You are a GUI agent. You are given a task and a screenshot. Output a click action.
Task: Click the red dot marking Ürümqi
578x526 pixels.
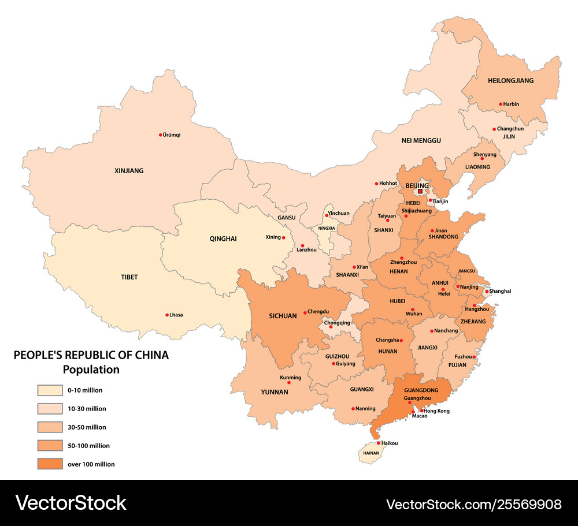tap(161, 135)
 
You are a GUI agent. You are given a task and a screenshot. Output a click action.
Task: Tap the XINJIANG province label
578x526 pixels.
tap(129, 171)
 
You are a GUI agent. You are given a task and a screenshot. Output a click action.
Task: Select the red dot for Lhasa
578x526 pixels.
tap(166, 315)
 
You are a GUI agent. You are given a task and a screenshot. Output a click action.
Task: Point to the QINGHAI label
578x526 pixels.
tap(223, 238)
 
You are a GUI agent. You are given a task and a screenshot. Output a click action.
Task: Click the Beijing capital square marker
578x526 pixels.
tap(420, 191)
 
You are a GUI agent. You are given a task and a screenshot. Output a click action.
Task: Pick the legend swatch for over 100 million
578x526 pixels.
tap(50, 464)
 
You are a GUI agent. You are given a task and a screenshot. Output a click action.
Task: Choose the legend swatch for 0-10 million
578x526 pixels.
tap(50, 390)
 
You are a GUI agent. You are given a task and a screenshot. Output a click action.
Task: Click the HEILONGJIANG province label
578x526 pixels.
tap(510, 81)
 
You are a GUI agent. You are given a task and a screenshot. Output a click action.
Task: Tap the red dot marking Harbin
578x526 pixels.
tap(501, 105)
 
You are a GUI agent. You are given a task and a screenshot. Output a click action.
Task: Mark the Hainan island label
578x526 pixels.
tap(371, 453)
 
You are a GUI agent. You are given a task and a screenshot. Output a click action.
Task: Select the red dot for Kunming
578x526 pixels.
tap(289, 383)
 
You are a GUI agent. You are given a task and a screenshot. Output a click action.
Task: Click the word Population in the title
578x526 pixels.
tap(91, 370)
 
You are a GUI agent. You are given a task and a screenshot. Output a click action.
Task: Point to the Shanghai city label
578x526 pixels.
tap(501, 291)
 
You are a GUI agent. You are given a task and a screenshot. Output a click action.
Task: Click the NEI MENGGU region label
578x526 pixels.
tap(421, 140)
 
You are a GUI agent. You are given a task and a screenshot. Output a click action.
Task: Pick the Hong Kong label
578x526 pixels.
tap(437, 411)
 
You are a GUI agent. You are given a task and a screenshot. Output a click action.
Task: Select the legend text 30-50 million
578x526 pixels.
tap(87, 427)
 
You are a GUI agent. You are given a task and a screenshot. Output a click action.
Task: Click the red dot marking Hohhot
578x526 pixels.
tap(376, 184)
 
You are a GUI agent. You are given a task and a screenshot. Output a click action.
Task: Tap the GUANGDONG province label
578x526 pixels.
tap(421, 390)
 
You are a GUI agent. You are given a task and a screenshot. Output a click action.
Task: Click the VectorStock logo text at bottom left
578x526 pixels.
tap(71, 502)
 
